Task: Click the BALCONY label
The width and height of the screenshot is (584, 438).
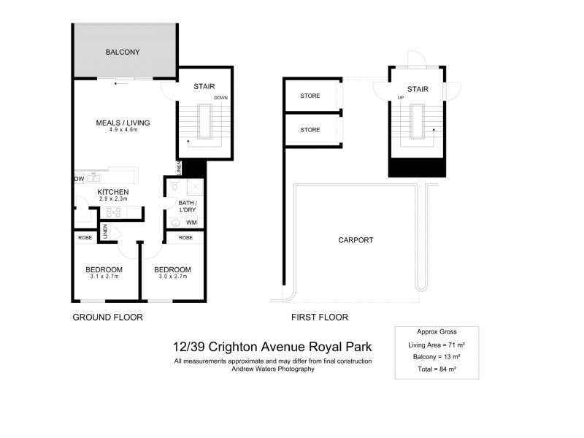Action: (x=122, y=52)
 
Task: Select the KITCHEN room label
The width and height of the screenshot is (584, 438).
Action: (x=113, y=192)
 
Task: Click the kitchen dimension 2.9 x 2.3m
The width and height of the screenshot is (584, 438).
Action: (x=113, y=199)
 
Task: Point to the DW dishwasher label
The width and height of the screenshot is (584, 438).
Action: (x=78, y=178)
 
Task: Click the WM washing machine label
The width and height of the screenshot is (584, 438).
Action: (x=191, y=222)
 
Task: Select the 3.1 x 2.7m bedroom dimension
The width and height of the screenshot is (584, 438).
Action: (x=102, y=277)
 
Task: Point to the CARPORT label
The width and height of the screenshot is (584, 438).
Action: (x=356, y=239)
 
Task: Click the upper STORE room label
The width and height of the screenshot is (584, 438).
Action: (x=310, y=96)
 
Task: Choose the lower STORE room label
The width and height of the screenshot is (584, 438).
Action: (x=310, y=130)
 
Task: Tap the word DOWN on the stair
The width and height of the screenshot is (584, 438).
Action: (x=222, y=98)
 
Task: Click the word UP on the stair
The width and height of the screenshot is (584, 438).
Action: (x=400, y=98)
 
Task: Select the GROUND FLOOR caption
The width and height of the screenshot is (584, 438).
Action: (x=107, y=318)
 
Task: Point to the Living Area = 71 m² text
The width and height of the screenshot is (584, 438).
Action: (x=436, y=344)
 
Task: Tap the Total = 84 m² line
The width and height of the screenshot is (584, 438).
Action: (x=436, y=370)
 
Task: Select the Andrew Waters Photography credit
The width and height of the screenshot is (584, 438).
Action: (x=273, y=369)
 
